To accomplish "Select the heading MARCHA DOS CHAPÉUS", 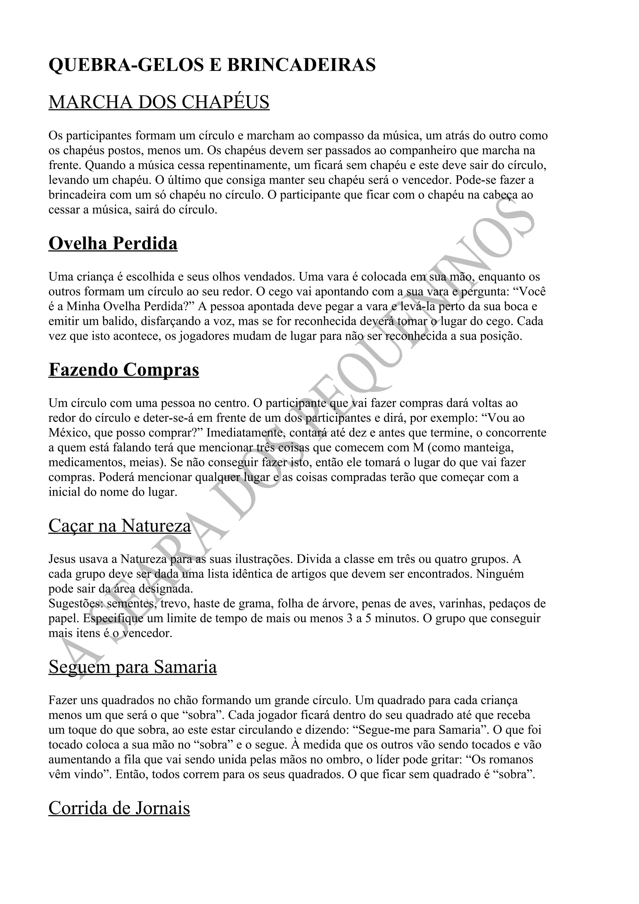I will pyautogui.click(x=159, y=102).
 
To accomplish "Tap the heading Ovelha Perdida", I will pyautogui.click(x=113, y=243).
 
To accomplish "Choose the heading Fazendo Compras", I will pyautogui.click(x=124, y=370).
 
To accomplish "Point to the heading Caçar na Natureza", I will pyautogui.click(x=120, y=525).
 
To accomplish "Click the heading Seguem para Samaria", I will pyautogui.click(x=133, y=667).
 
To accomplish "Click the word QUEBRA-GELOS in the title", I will pyautogui.click(x=125, y=65).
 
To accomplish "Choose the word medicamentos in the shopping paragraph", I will pyautogui.click(x=86, y=462).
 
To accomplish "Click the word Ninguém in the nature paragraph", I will pyautogui.click(x=500, y=574).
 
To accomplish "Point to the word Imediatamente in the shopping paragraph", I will pyautogui.click(x=246, y=433).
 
